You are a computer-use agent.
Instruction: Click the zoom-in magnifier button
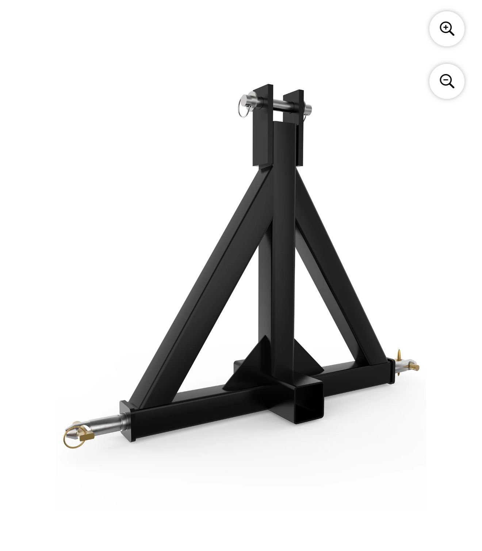coord(447,28)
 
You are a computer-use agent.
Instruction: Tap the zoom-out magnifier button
coord(447,81)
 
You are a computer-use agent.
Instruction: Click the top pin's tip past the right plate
coord(307,109)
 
